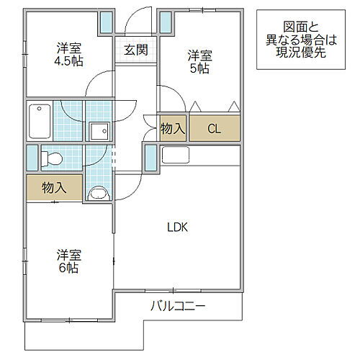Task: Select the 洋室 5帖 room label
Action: (x=200, y=61)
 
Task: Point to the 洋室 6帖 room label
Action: (x=70, y=261)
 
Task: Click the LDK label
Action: (x=177, y=228)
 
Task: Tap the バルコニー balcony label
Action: (x=178, y=307)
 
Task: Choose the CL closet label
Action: (x=214, y=130)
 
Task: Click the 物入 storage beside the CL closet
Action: (x=174, y=130)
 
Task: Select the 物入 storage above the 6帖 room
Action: (x=54, y=188)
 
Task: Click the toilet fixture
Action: (x=53, y=157)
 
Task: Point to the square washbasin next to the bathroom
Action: (x=99, y=131)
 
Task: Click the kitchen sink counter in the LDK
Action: (x=176, y=154)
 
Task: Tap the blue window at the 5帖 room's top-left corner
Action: (x=166, y=22)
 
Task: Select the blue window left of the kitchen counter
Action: (x=150, y=157)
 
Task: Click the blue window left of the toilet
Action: (x=31, y=157)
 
